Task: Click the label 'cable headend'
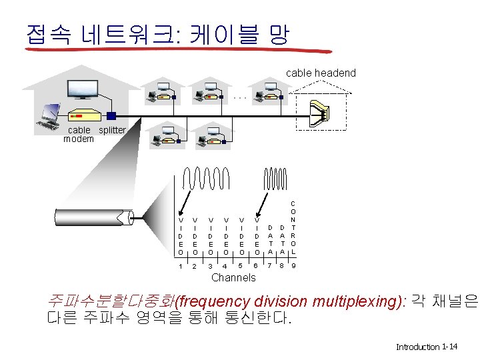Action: (321, 73)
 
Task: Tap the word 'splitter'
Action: (111, 130)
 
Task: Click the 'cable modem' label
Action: (79, 134)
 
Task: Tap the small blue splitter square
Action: (111, 115)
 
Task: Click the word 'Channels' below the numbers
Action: (233, 277)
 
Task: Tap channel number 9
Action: (293, 267)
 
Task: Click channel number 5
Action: (241, 267)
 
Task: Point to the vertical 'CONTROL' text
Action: (293, 227)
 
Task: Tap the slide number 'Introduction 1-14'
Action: (426, 347)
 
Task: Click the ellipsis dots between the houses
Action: (240, 98)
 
